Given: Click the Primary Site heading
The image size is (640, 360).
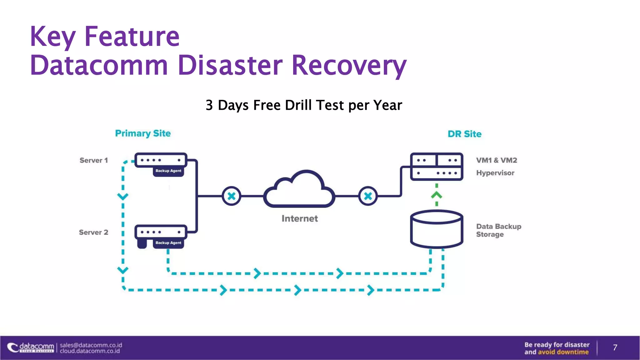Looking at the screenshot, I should pyautogui.click(x=143, y=133).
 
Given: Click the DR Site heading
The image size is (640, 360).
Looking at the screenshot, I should pyautogui.click(x=464, y=134).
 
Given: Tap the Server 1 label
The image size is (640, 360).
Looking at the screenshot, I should pyautogui.click(x=93, y=160).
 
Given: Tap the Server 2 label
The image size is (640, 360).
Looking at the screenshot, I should pyautogui.click(x=93, y=232).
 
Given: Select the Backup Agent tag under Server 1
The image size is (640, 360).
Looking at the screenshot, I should pyautogui.click(x=168, y=171).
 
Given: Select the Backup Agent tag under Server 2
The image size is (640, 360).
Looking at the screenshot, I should pyautogui.click(x=168, y=243).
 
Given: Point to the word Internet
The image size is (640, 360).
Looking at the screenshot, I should pyautogui.click(x=299, y=218).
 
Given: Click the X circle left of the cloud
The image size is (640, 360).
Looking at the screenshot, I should pyautogui.click(x=232, y=196).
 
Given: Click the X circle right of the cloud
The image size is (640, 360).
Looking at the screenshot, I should pyautogui.click(x=368, y=196).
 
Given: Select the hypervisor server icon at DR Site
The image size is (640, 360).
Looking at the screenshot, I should pyautogui.click(x=437, y=167).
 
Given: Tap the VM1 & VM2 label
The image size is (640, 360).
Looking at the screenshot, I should pyautogui.click(x=496, y=160).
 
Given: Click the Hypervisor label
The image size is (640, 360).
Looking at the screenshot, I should pyautogui.click(x=495, y=173).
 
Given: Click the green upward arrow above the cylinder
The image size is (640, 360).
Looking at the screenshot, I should pyautogui.click(x=437, y=195).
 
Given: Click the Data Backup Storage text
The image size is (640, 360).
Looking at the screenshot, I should pyautogui.click(x=498, y=230).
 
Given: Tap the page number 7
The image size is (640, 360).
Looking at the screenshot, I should pyautogui.click(x=615, y=347).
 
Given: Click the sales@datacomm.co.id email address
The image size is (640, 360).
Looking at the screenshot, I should pyautogui.click(x=91, y=345).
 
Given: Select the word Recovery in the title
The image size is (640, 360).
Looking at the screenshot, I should pyautogui.click(x=349, y=65).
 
